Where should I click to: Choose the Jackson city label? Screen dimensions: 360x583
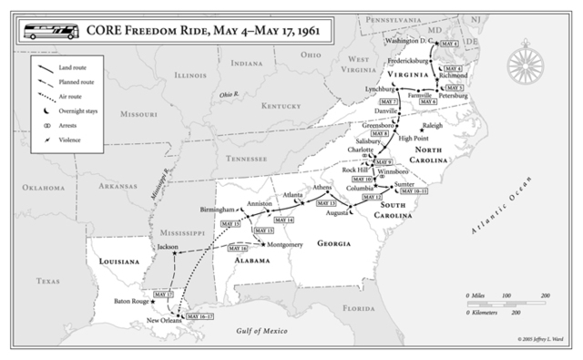point(168,246)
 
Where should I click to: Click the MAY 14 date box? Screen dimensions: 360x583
point(283,221)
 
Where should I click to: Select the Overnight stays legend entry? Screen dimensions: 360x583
point(77,109)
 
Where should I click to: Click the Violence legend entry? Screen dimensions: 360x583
point(70,139)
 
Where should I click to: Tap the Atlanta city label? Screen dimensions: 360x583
point(292,194)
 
